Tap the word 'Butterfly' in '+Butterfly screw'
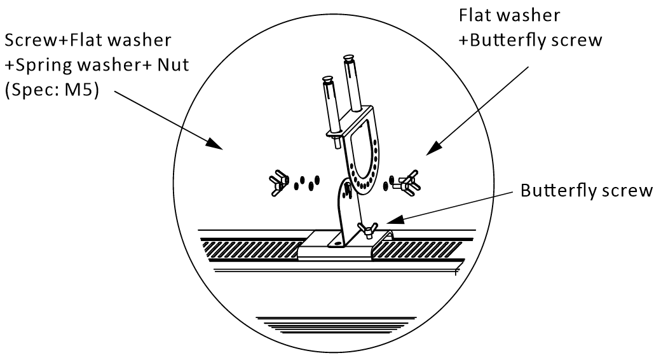[501, 41]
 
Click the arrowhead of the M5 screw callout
[215, 143]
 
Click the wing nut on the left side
[278, 183]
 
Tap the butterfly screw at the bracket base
[366, 230]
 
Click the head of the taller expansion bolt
[348, 57]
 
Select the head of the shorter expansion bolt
[327, 78]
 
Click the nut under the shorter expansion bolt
[335, 134]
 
